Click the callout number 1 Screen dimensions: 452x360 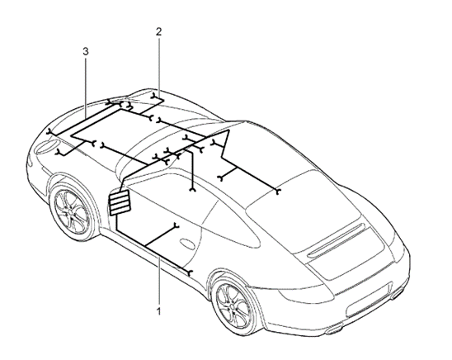(158, 311)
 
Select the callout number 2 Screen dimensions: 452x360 (159, 31)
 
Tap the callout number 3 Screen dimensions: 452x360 (86, 52)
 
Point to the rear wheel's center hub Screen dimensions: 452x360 (233, 306)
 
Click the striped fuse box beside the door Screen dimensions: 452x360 (120, 202)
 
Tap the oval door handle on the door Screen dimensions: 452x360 (188, 243)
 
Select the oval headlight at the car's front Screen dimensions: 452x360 (45, 146)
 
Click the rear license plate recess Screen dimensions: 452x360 (369, 301)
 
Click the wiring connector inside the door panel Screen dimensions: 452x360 (177, 225)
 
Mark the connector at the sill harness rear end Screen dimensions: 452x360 (190, 272)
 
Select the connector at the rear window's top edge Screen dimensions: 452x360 (278, 192)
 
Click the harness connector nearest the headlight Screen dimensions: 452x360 (59, 152)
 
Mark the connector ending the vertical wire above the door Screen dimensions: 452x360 (192, 190)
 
